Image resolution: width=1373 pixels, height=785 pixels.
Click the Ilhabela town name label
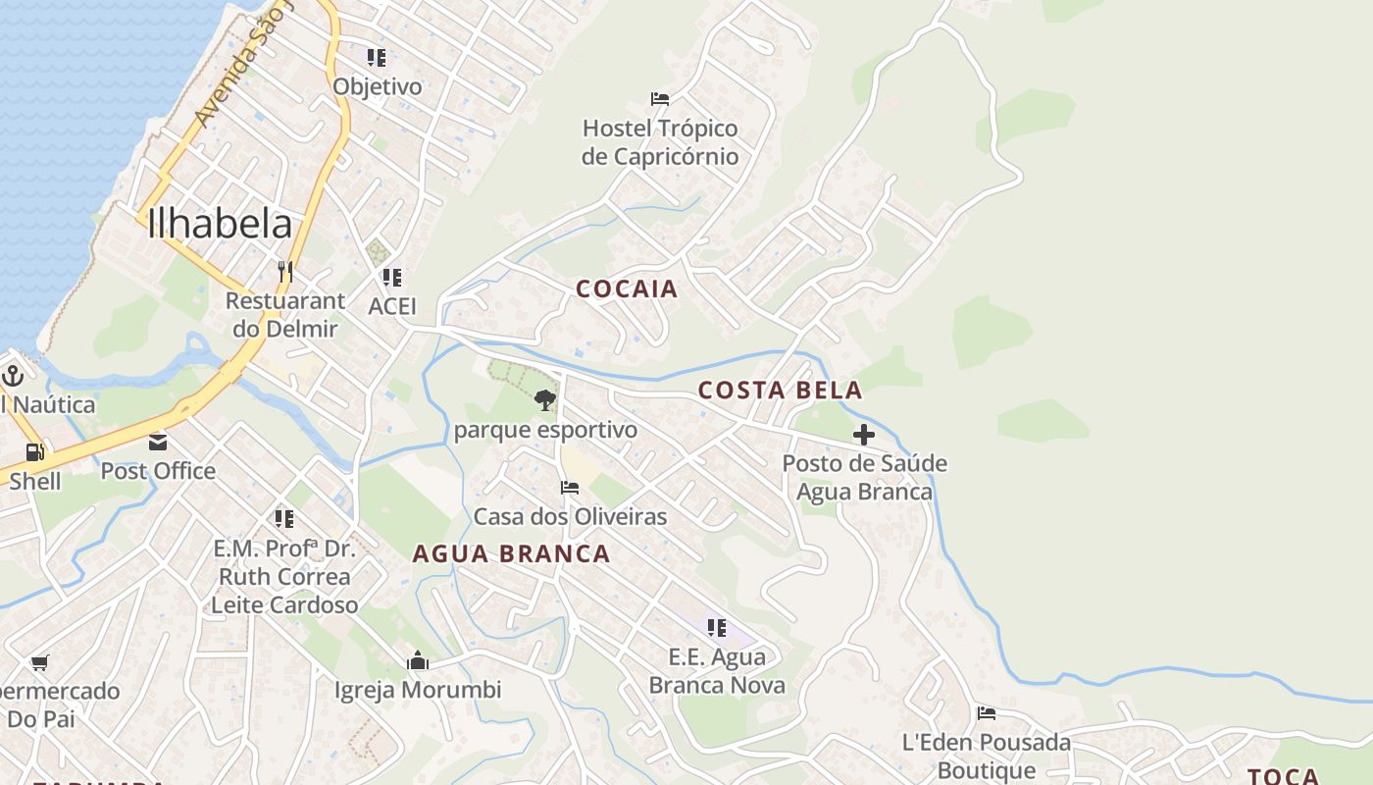(x=220, y=225)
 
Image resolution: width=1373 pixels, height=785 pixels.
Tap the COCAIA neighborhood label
(x=627, y=288)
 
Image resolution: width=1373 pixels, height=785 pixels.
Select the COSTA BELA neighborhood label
(x=780, y=390)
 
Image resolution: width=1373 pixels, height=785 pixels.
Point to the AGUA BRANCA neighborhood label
(x=511, y=553)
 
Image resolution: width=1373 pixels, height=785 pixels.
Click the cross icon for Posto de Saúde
(x=864, y=434)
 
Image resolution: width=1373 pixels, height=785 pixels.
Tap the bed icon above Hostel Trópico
(x=660, y=98)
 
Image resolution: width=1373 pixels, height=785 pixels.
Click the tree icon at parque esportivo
(x=545, y=399)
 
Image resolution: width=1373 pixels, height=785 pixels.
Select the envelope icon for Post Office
(x=158, y=442)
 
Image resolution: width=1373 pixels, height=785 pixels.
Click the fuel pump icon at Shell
(x=34, y=452)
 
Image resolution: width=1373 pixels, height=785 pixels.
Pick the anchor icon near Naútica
(x=13, y=375)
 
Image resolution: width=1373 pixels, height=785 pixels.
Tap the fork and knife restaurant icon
(x=285, y=271)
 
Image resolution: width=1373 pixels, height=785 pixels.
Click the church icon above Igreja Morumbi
(x=418, y=660)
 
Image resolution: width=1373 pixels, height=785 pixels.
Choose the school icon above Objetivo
(x=377, y=57)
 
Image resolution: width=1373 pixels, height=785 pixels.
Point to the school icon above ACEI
(x=392, y=278)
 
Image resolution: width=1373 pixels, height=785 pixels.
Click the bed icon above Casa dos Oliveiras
(x=570, y=488)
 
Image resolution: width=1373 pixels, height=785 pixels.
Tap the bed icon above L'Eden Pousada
(x=987, y=713)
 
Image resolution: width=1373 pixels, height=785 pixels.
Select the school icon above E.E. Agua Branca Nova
(x=717, y=627)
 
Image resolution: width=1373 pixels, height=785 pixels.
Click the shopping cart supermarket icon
(x=39, y=662)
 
